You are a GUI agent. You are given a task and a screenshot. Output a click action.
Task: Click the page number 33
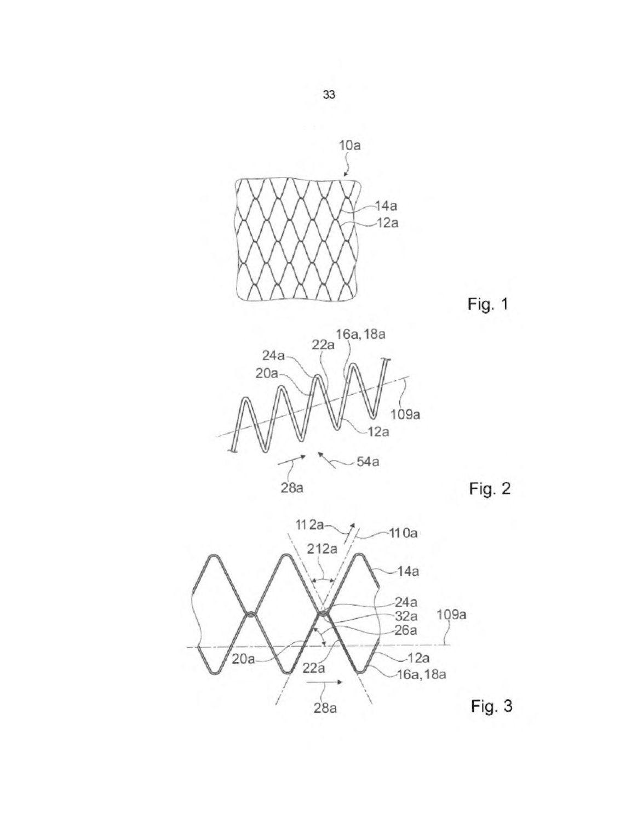[x=329, y=95]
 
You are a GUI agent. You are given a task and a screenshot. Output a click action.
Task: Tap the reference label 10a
[x=349, y=145]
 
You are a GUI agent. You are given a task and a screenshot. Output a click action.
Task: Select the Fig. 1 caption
[x=487, y=304]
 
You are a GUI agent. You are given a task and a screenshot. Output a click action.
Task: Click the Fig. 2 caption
[x=490, y=489]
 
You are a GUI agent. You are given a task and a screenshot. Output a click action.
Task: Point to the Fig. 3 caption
[x=491, y=706]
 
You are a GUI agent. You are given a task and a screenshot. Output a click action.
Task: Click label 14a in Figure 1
[x=386, y=206]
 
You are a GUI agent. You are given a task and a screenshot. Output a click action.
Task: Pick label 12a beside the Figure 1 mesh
[x=387, y=223]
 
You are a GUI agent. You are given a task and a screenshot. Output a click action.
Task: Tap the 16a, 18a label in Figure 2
[x=360, y=334]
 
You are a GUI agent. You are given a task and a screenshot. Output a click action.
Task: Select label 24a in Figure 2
[x=274, y=356]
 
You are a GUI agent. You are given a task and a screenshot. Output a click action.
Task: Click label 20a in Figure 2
[x=267, y=374]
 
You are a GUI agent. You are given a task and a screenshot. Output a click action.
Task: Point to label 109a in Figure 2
[x=405, y=415]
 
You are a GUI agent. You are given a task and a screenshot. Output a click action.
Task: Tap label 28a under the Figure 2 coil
[x=292, y=488]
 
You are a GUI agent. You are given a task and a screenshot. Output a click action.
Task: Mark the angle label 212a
[x=322, y=549]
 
